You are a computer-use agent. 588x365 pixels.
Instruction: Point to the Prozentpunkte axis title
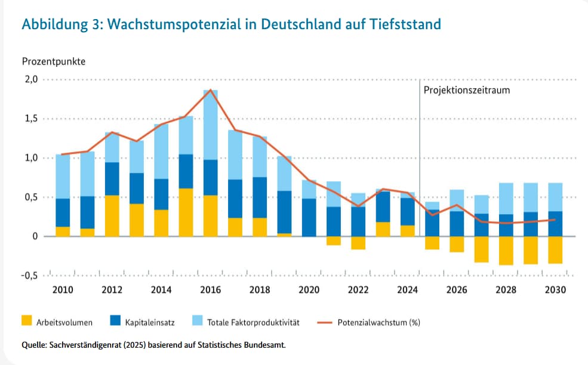(54, 61)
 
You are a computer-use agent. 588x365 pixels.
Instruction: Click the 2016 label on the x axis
(210, 290)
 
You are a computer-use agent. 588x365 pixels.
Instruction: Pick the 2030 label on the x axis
(555, 290)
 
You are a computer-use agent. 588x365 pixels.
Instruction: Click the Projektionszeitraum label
(467, 91)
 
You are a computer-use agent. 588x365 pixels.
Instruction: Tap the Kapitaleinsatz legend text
(150, 323)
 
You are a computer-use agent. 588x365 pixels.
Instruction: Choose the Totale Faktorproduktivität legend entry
(253, 323)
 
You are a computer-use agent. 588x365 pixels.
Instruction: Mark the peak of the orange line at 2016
(210, 90)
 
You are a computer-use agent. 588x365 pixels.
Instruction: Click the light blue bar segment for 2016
(210, 125)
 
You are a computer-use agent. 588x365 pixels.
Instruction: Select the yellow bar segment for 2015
(186, 212)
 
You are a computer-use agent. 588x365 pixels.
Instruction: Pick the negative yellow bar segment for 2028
(506, 250)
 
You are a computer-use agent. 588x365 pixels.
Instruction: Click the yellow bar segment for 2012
(112, 215)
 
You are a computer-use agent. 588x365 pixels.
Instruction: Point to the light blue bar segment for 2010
(63, 177)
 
